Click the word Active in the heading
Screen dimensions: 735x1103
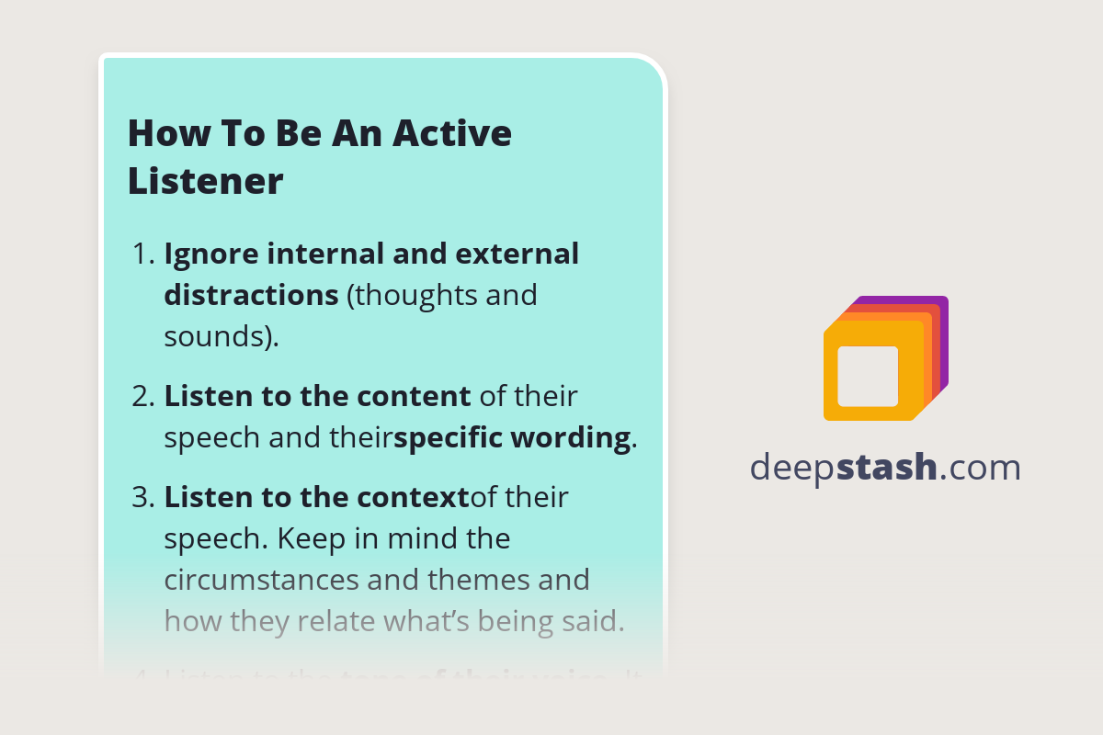click(452, 134)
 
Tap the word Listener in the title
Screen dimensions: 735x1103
click(205, 181)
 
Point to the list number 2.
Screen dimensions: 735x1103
click(142, 397)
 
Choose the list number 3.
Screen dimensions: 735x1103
click(142, 498)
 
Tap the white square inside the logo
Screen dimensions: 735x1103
click(868, 376)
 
